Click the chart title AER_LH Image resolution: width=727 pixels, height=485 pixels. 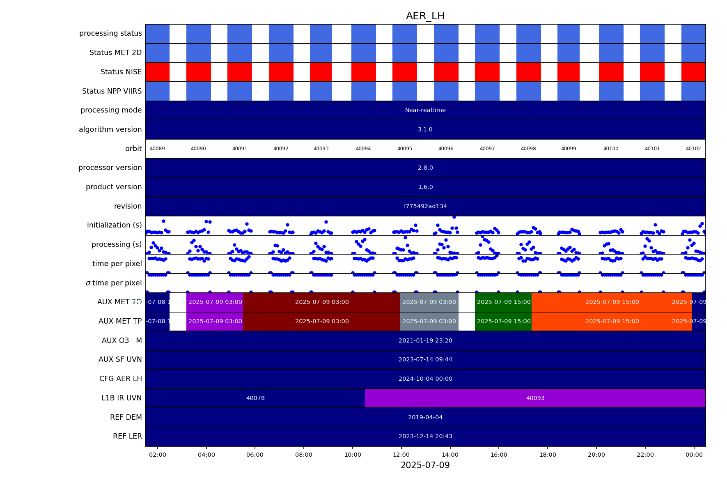(x=425, y=16)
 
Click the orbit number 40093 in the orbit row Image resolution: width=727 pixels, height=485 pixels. (x=321, y=149)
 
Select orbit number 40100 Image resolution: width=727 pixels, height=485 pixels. (x=611, y=149)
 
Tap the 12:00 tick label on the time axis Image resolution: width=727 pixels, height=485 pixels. (x=401, y=455)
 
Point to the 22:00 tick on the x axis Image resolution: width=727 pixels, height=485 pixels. (x=645, y=455)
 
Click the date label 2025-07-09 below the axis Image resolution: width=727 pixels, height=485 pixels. (x=425, y=465)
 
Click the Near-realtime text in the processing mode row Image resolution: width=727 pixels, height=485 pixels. (x=425, y=110)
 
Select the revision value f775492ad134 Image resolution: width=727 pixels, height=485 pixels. (x=425, y=206)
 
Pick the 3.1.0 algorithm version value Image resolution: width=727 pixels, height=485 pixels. (x=425, y=129)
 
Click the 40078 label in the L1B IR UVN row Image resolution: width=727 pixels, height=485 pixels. (x=255, y=398)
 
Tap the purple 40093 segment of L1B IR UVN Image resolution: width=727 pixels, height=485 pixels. (x=535, y=398)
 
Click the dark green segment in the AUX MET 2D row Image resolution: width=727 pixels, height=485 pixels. (x=503, y=302)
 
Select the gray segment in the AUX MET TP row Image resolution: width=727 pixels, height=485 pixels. (x=429, y=321)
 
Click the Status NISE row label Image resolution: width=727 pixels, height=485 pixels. (x=121, y=72)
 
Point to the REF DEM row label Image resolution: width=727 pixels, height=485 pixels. (x=126, y=417)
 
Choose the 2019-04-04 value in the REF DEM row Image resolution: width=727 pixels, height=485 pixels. (x=425, y=417)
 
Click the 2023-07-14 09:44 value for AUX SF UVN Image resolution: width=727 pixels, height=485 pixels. (x=425, y=359)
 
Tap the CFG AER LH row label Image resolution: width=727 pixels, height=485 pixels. (x=120, y=379)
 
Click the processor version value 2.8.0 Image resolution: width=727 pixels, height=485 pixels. (x=425, y=168)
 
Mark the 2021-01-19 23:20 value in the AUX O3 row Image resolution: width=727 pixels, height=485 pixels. (x=425, y=340)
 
